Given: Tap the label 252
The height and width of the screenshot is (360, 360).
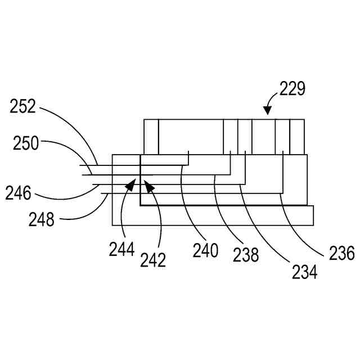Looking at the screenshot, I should (x=22, y=106).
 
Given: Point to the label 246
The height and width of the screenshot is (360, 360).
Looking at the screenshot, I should (x=19, y=193).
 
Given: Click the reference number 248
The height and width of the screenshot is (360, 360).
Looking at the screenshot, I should (x=41, y=219).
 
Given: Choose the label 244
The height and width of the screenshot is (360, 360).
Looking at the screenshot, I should (x=122, y=249).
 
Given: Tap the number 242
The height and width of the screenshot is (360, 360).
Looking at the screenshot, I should (x=153, y=260).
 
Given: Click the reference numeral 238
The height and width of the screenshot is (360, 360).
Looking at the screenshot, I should (x=246, y=255).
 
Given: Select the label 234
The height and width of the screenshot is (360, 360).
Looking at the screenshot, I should (x=304, y=272).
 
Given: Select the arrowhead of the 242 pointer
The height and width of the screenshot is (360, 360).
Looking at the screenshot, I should (x=148, y=184).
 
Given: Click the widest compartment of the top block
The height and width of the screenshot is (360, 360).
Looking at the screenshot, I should (x=191, y=136).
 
